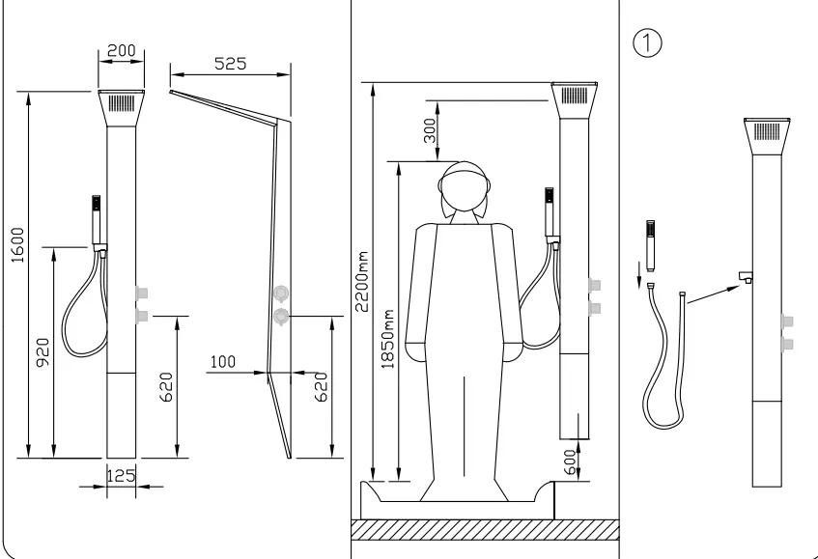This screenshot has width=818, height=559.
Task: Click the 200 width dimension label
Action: (x=121, y=50)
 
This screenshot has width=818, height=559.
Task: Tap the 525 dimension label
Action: (x=230, y=64)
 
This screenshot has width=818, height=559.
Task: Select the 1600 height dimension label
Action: (x=17, y=245)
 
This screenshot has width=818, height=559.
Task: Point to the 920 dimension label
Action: (x=42, y=352)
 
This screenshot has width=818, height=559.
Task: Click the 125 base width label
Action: (x=121, y=476)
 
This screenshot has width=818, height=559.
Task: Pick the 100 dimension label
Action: (x=223, y=361)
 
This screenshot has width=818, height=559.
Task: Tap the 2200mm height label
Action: (x=361, y=282)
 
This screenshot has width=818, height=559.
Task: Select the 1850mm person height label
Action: (x=387, y=340)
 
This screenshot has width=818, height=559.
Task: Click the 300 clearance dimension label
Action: (x=430, y=130)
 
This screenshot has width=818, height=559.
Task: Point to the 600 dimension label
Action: (x=571, y=462)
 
